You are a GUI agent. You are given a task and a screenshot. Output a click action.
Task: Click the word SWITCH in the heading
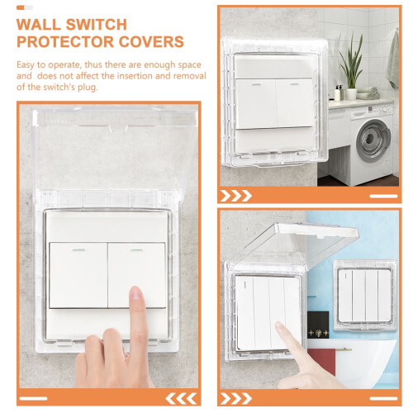pos(97,25)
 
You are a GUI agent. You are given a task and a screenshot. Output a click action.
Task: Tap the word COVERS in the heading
pos(151,41)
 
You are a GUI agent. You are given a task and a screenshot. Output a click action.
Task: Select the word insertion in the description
pos(133,76)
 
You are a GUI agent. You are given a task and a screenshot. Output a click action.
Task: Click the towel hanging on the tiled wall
pos(393,59)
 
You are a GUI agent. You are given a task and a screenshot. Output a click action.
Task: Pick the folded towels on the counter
pos(368,93)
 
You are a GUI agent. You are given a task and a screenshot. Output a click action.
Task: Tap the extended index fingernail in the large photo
pos(135,293)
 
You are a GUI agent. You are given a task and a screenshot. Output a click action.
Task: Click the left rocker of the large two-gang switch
pos(78,275)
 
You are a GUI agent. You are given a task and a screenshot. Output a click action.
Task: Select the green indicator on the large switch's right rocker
pos(136,250)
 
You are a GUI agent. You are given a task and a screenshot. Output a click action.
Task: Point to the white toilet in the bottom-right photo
pos(366,362)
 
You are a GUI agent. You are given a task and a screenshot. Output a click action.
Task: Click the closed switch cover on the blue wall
pos(365,295)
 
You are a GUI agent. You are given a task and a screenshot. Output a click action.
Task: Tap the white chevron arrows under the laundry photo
pos(236,196)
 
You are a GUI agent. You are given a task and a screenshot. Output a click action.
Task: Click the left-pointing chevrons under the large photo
pos(181,399)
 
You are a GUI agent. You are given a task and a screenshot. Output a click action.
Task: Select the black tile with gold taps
pos(318,325)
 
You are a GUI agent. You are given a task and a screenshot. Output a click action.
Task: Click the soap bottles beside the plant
pos(339,93)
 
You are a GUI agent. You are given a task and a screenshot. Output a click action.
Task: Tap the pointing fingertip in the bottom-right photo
pos(279,325)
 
